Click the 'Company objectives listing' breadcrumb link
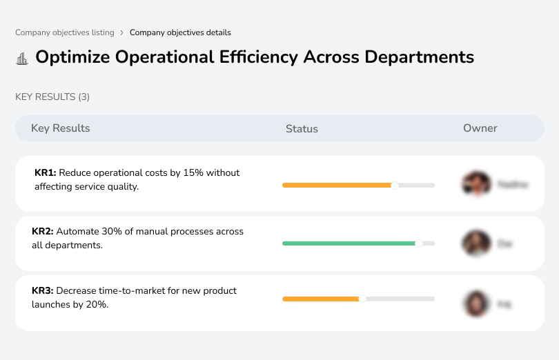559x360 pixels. click(64, 32)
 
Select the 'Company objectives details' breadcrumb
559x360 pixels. click(180, 32)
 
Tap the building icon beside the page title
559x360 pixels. click(22, 58)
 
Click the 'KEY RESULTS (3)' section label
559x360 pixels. click(52, 97)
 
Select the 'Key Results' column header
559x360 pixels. click(61, 128)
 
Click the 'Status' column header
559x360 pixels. click(302, 129)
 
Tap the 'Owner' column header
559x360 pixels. click(480, 128)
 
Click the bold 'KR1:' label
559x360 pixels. click(45, 173)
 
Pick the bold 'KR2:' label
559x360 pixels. click(43, 232)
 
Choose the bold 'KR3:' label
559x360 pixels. click(43, 291)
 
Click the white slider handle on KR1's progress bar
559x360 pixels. click(395, 185)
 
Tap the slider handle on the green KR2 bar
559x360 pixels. click(418, 243)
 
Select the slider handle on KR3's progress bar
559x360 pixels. click(362, 299)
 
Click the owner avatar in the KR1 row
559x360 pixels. click(476, 184)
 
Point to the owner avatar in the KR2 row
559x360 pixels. click(476, 243)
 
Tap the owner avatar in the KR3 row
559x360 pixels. click(476, 303)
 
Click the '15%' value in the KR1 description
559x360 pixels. click(193, 173)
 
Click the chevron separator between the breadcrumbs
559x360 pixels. click(122, 32)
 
